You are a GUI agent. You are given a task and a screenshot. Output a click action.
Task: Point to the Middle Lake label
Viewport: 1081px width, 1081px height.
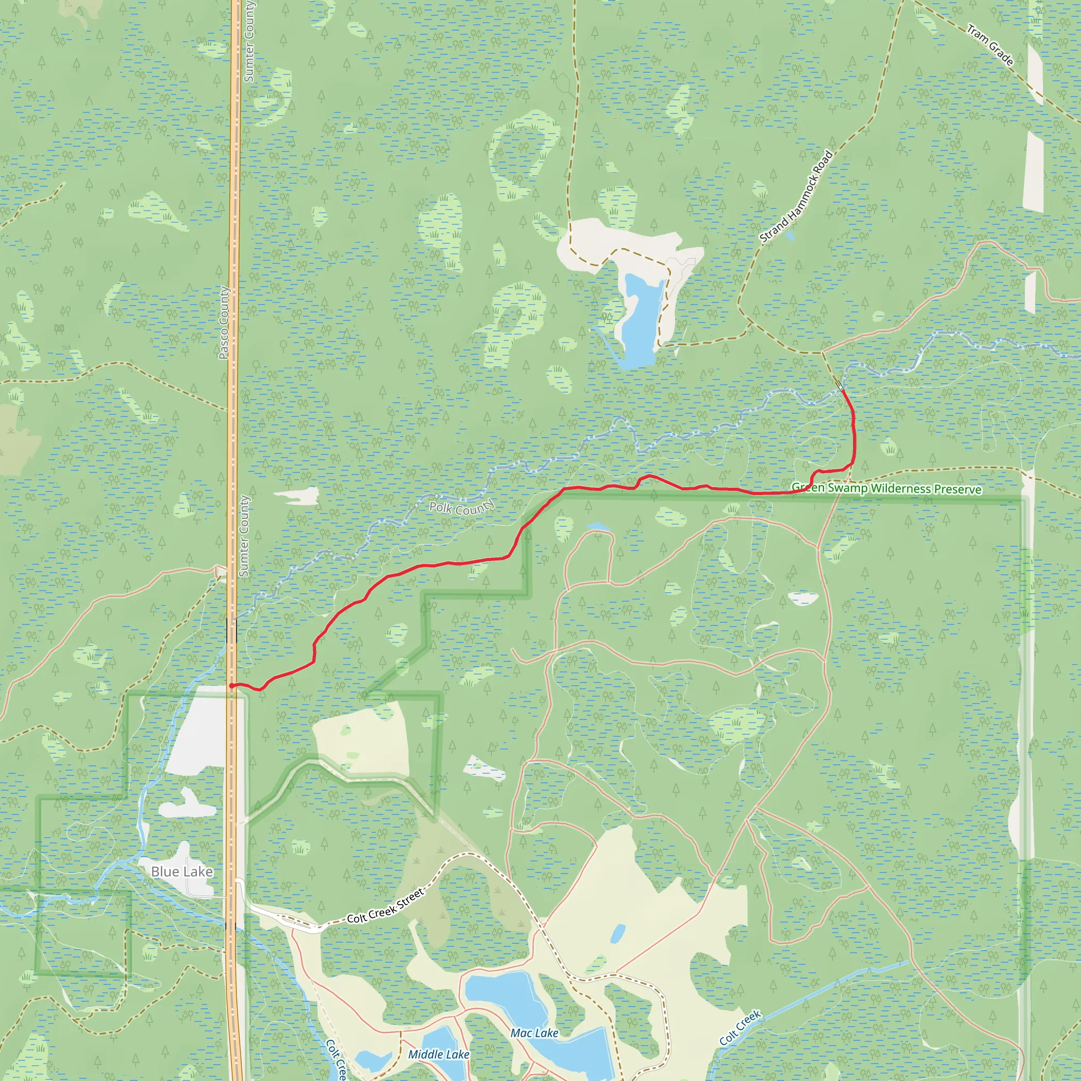pyautogui.click(x=439, y=1054)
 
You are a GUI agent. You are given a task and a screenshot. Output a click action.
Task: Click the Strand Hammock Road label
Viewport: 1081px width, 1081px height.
pyautogui.click(x=795, y=197)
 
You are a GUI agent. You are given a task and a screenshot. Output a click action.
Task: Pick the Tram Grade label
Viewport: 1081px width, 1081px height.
pyautogui.click(x=990, y=45)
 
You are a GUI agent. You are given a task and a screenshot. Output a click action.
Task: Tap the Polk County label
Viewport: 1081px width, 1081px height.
pyautogui.click(x=462, y=507)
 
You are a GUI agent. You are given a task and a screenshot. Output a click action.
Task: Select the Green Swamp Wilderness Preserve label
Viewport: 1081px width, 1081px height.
pyautogui.click(x=886, y=488)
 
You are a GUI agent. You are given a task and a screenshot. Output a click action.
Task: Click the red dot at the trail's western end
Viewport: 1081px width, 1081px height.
pyautogui.click(x=232, y=686)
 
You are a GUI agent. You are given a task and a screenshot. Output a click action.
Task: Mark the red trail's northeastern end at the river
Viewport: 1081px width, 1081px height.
pyautogui.click(x=842, y=390)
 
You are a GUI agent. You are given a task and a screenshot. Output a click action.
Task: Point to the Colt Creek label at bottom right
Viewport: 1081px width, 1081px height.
pyautogui.click(x=739, y=1027)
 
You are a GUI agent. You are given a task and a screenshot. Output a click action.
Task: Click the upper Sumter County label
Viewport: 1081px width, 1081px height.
pyautogui.click(x=249, y=42)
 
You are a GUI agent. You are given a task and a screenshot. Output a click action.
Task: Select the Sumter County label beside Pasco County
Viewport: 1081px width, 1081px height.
pyautogui.click(x=244, y=536)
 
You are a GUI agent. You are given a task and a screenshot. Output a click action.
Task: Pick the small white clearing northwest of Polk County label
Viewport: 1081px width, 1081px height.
pyautogui.click(x=297, y=495)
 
